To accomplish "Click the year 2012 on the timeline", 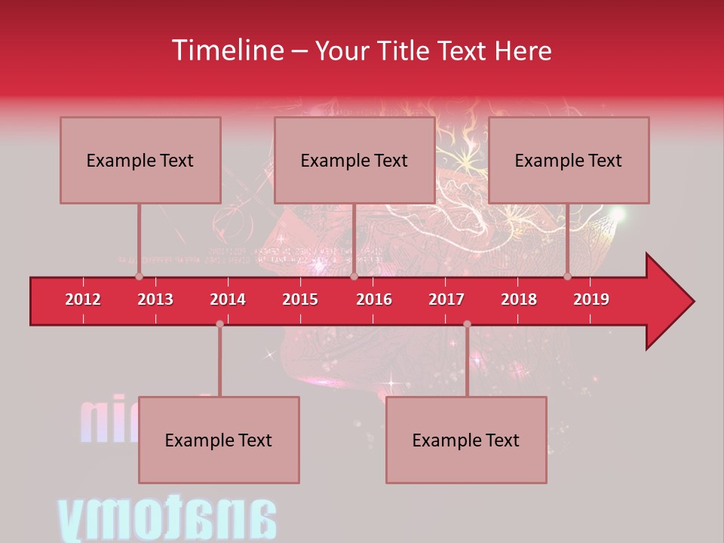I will tap(83, 299).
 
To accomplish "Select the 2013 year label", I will tap(155, 299).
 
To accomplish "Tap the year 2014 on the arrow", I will tap(228, 299).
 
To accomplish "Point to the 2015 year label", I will tap(300, 299).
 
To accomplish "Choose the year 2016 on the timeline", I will tap(374, 299).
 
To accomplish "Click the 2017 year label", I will tap(446, 299).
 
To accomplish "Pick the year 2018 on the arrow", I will tap(519, 299).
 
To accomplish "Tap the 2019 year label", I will tap(591, 299).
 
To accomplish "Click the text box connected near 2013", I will tap(140, 160).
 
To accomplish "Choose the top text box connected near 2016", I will tap(354, 160).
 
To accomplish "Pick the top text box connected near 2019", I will tap(569, 160).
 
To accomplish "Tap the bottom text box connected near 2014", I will tap(219, 440).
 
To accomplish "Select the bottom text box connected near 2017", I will tap(466, 440).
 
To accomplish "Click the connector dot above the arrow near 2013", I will tap(139, 276).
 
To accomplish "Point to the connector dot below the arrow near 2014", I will tap(219, 324).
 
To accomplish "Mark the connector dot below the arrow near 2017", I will tap(467, 324).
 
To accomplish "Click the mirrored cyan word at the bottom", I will tap(167, 519).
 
